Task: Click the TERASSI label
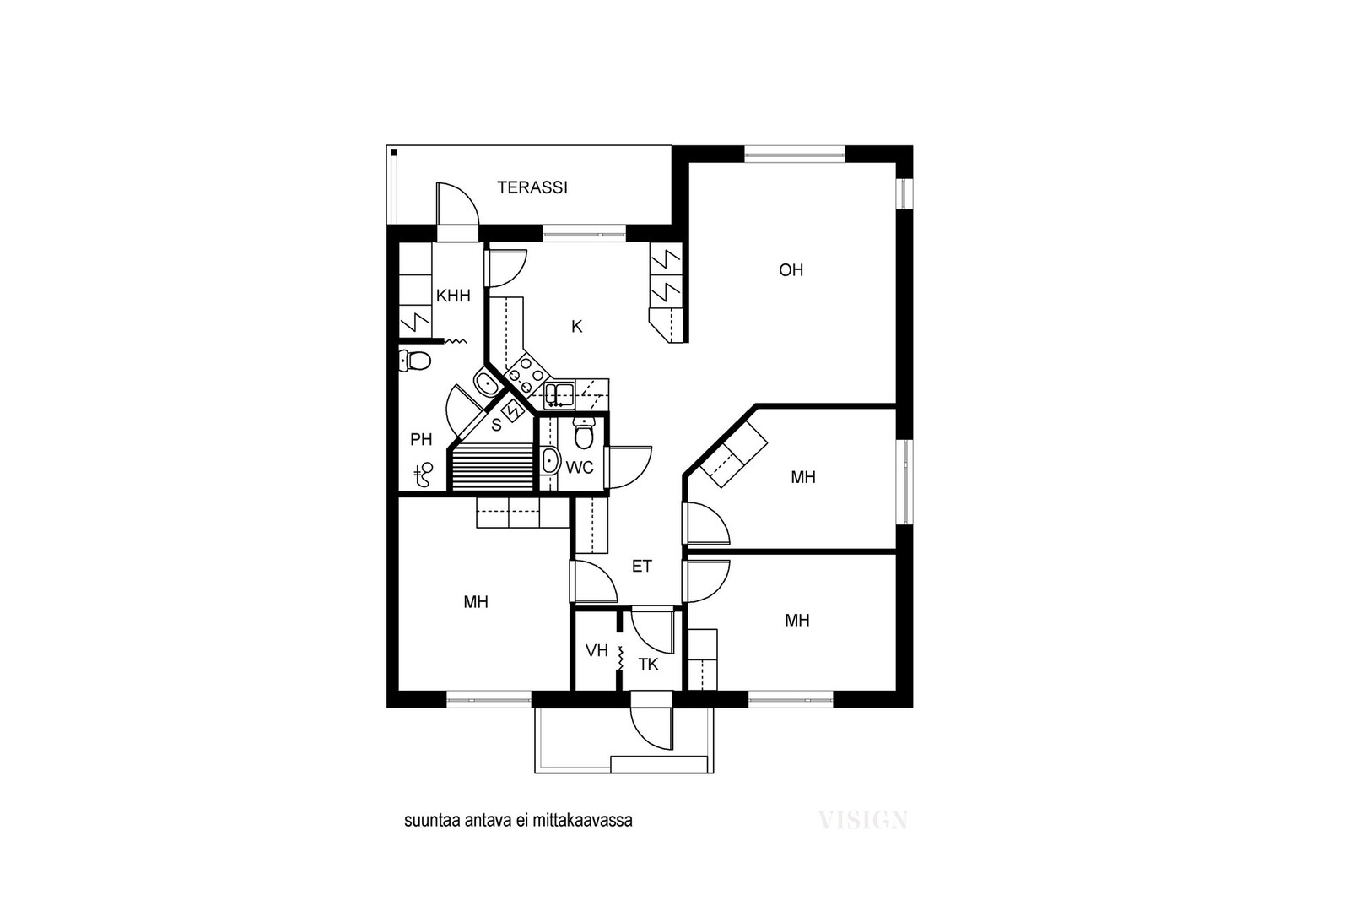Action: [532, 187]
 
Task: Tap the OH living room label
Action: [791, 270]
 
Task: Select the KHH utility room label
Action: [453, 296]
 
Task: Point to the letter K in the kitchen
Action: [577, 327]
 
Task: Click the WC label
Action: [580, 467]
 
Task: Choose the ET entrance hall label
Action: [642, 567]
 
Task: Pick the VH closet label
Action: [597, 651]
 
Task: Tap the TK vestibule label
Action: [649, 665]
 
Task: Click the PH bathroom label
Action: [421, 440]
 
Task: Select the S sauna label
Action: [496, 426]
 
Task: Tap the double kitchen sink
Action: [559, 395]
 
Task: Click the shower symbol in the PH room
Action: [424, 475]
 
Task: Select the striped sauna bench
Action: [494, 469]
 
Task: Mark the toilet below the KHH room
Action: [415, 361]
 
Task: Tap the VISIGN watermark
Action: [863, 820]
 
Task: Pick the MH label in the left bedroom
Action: [476, 602]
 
